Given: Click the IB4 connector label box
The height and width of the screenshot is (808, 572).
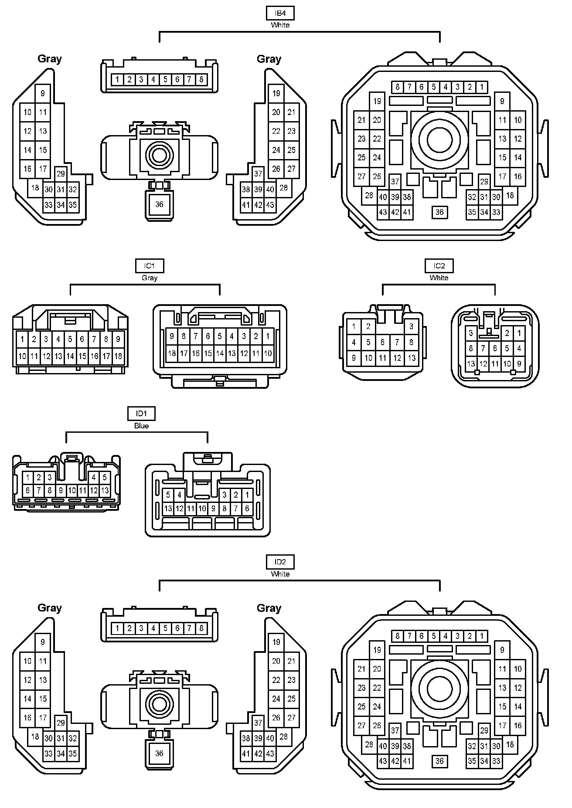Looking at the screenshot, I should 280,13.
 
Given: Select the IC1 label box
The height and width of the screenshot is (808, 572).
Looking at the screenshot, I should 149,266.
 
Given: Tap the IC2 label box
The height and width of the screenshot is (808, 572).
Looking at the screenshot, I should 439,266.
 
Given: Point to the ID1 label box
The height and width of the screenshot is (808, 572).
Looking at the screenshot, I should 141,414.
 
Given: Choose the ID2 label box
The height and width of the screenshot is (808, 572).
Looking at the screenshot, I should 280,562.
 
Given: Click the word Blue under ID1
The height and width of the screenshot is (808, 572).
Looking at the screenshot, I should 141,426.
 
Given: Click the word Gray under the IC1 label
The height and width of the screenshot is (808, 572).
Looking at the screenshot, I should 149,278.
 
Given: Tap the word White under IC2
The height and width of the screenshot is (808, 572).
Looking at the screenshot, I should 439,278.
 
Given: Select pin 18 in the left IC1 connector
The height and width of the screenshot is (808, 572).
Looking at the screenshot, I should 118,356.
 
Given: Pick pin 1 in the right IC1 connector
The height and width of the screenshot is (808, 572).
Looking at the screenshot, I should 268,336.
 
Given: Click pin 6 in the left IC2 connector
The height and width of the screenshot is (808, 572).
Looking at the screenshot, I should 382,342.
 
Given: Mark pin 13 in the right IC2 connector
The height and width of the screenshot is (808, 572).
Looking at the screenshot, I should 471,363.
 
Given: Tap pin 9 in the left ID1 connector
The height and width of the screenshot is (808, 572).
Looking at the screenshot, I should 61,490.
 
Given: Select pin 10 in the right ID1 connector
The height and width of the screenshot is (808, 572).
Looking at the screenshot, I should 202,508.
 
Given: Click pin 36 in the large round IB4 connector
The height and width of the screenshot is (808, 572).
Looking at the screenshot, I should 439,212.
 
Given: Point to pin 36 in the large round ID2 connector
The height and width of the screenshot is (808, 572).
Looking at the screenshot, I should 439,761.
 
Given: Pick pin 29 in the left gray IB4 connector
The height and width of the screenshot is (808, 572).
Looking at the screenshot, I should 61,173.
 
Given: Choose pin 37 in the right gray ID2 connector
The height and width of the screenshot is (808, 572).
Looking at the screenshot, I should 258,723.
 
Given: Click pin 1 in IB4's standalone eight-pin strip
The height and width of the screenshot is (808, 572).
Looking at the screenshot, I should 117,80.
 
